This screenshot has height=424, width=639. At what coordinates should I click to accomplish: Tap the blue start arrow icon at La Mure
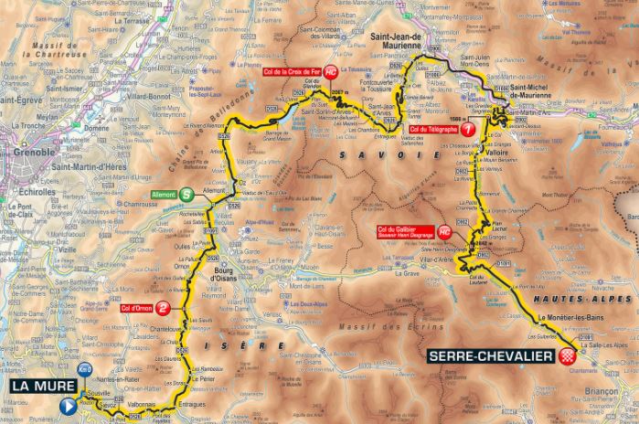point(69,406)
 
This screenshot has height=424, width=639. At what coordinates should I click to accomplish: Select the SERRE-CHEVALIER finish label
point(489,355)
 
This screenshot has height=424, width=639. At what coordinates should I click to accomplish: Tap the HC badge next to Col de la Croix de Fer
point(331,71)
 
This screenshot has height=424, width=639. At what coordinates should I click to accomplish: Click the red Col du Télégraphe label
point(433,130)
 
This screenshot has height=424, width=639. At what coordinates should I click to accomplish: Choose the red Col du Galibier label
point(405,230)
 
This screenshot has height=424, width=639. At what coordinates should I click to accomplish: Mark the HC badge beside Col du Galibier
point(445,230)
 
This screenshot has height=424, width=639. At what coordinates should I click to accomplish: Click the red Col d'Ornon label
point(135,308)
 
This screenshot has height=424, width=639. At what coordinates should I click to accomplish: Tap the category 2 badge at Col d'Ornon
point(162,308)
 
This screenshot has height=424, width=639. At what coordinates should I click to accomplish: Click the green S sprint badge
point(186,194)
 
